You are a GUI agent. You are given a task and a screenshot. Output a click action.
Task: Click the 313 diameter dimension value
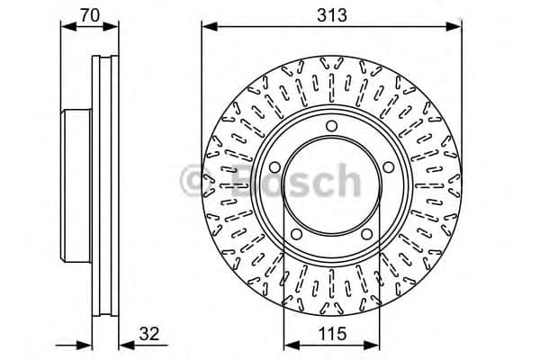tap(332, 14)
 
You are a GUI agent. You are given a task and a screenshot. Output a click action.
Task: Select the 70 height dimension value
tap(87, 14)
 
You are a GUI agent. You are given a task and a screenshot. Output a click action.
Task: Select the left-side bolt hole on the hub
tap(273, 166)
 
